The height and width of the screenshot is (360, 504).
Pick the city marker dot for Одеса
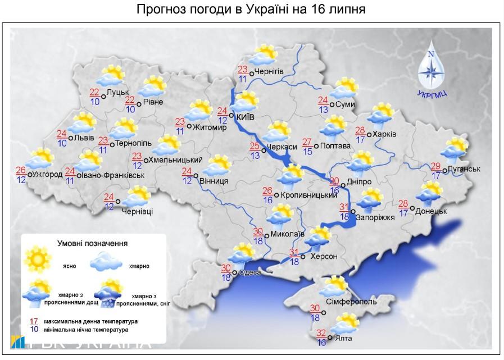click(x=234, y=272)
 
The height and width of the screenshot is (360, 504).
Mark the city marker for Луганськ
click(x=444, y=170)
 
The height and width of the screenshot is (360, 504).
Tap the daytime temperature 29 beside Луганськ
click(x=435, y=166)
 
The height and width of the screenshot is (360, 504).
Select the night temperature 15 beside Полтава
click(x=307, y=150)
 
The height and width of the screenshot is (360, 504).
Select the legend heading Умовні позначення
click(x=92, y=244)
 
